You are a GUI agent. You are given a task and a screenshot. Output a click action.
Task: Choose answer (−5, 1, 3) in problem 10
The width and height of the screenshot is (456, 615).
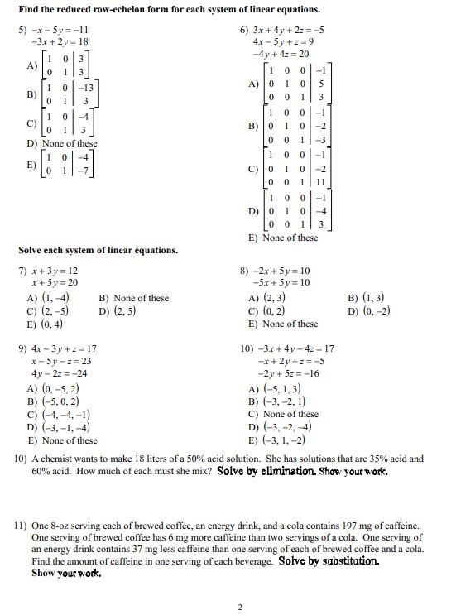[282, 387]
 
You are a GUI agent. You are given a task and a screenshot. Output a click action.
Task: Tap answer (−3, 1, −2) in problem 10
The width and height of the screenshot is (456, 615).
[286, 440]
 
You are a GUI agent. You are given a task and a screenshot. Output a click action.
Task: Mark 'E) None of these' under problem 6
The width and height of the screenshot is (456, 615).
[282, 238]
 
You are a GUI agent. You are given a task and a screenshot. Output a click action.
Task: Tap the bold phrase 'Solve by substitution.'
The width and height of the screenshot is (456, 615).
[329, 560]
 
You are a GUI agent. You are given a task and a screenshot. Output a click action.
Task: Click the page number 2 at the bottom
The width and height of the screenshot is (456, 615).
[240, 607]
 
